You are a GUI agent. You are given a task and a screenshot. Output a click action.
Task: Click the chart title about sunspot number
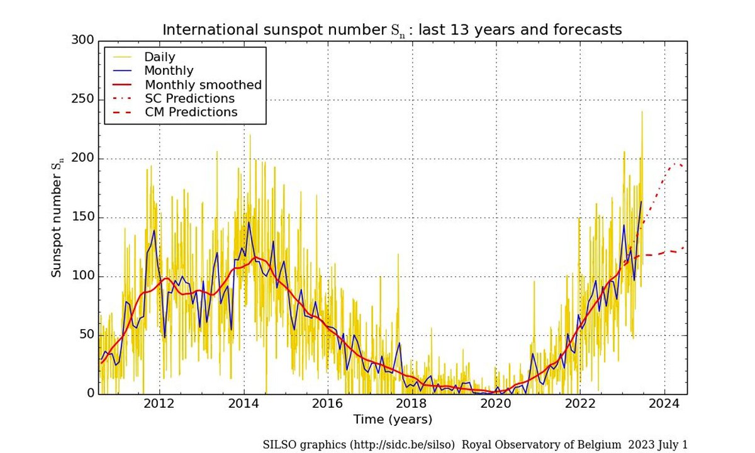pyautogui.click(x=392, y=30)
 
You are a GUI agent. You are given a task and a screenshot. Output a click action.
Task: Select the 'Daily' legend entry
pyautogui.click(x=160, y=57)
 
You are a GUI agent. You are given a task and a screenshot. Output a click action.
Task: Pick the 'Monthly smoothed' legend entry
pyautogui.click(x=203, y=85)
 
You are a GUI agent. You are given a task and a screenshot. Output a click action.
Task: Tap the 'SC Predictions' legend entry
pyautogui.click(x=189, y=99)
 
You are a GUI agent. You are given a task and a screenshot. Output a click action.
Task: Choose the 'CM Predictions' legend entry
pyautogui.click(x=191, y=113)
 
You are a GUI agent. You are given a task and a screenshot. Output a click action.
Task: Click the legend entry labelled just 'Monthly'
pyautogui.click(x=169, y=71)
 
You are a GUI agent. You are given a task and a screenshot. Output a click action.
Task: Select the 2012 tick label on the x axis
pyautogui.click(x=160, y=404)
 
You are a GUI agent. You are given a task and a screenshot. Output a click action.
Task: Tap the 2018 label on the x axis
pyautogui.click(x=412, y=404)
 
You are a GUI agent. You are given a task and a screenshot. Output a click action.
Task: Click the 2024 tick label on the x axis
pyautogui.click(x=664, y=404)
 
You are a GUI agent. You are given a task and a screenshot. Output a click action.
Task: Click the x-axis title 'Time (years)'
pyautogui.click(x=392, y=419)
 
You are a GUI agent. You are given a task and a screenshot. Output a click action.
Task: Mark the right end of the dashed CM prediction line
pyautogui.click(x=685, y=247)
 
